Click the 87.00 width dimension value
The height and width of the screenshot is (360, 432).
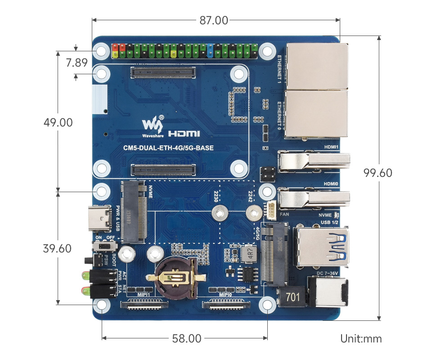coord(214,20)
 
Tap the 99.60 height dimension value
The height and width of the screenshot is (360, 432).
coord(378,173)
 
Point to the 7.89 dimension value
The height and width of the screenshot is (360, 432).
coord(76,63)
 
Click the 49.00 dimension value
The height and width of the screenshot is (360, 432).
coord(58,122)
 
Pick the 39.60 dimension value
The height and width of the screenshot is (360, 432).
coord(57,248)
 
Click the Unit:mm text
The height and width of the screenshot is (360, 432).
coord(361,338)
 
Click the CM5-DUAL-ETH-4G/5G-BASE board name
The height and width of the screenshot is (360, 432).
coord(168,148)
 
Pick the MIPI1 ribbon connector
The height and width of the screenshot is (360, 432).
coord(144,305)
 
